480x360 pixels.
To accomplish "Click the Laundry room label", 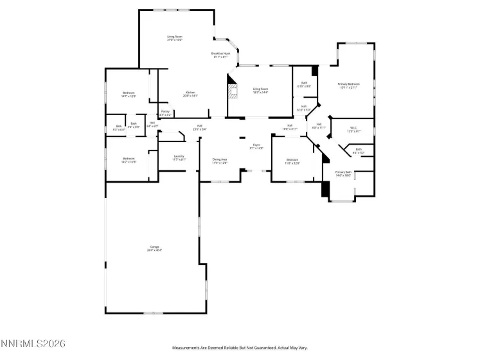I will point(179,157).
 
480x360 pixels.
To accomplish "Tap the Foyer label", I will point(256,147).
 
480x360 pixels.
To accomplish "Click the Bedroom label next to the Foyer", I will point(292,161).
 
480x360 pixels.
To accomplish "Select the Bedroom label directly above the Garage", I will point(129,161).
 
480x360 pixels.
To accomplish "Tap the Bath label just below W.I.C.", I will point(359,151).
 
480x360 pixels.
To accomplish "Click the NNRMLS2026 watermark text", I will point(33,345).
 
